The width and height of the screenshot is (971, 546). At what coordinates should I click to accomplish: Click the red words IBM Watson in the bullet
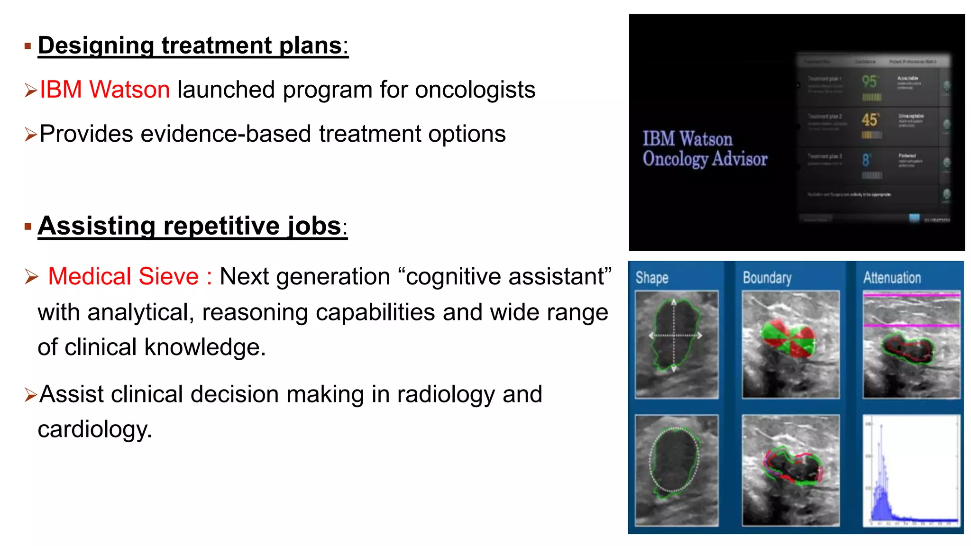point(104,90)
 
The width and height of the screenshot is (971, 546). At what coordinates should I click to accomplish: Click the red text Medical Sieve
point(123,276)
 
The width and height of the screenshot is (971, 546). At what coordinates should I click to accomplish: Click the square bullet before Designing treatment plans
point(27,46)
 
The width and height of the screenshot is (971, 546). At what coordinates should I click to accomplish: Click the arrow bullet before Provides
point(30,135)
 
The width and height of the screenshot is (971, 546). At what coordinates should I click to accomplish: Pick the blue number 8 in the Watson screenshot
point(866,160)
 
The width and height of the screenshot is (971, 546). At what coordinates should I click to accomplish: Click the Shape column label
point(652,278)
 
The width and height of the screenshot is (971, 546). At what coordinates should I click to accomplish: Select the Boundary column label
point(767,278)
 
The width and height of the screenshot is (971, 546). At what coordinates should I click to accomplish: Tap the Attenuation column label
point(892,278)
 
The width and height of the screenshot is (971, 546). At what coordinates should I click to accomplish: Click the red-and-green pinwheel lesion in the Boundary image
point(788,339)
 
